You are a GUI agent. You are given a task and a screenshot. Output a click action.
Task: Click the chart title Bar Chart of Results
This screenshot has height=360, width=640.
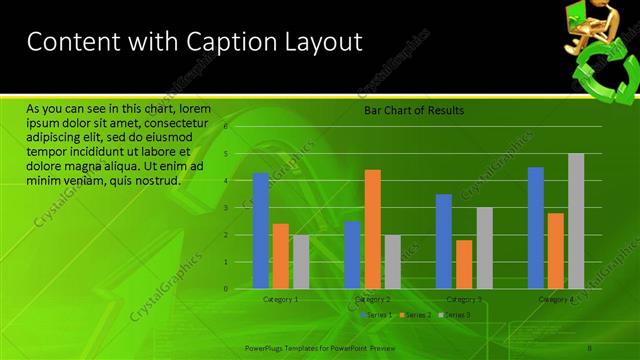[413, 111]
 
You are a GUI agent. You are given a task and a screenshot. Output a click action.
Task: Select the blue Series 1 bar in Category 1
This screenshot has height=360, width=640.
[261, 230]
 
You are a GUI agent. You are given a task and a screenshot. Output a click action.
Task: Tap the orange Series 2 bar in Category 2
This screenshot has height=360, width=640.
[372, 229]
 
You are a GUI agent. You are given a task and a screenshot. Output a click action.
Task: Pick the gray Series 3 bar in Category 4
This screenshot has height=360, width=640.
[576, 221]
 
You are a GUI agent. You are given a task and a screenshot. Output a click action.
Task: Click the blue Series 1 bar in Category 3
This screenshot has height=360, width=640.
[444, 241]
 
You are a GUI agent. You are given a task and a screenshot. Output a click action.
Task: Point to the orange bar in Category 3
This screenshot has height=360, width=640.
[464, 264]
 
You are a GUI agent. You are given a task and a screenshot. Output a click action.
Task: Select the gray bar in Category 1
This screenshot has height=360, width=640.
[301, 261]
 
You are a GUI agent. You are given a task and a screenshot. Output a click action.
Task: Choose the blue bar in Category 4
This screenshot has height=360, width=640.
[536, 228]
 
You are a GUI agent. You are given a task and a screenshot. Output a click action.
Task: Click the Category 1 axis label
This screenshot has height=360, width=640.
[281, 299]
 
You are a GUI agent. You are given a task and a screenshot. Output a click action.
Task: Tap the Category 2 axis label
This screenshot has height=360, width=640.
[373, 299]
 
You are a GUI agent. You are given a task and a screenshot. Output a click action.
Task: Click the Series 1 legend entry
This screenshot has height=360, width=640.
[376, 315]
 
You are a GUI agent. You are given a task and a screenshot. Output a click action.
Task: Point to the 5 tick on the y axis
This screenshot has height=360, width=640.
[226, 154]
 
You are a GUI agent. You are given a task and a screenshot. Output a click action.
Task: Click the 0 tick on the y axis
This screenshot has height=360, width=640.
[226, 289]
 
